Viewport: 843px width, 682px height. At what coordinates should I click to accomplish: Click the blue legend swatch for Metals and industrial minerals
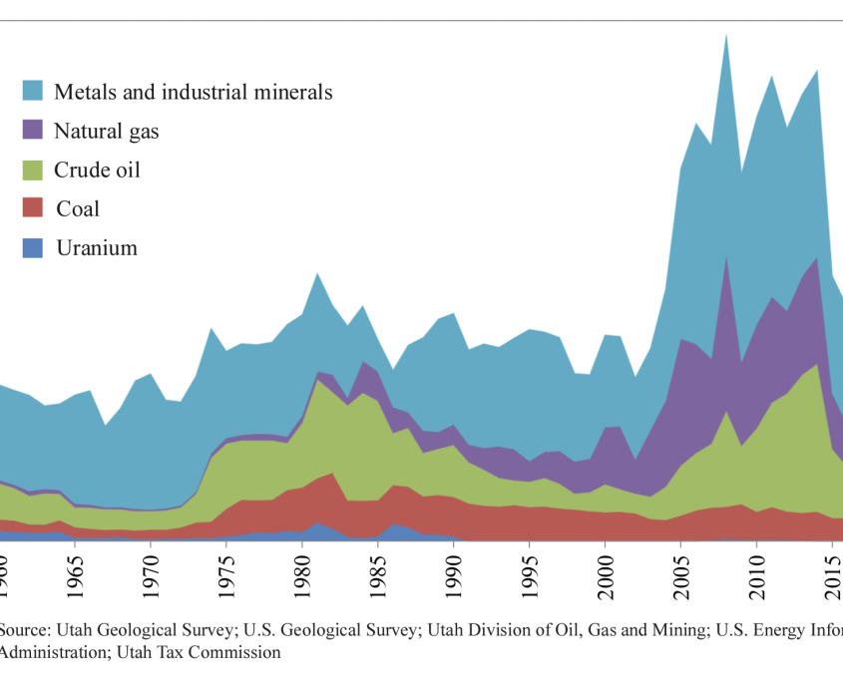pyautogui.click(x=33, y=92)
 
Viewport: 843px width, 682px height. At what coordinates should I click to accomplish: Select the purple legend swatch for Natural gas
pyautogui.click(x=33, y=131)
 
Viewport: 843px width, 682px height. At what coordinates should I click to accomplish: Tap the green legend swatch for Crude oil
pyautogui.click(x=33, y=170)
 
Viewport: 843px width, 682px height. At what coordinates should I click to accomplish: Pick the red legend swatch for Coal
pyautogui.click(x=33, y=209)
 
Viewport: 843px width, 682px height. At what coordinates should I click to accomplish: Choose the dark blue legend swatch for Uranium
pyautogui.click(x=33, y=248)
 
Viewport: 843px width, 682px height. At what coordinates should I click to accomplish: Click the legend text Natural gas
pyautogui.click(x=106, y=131)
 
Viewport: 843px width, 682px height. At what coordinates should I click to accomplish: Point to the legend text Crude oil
pyautogui.click(x=97, y=170)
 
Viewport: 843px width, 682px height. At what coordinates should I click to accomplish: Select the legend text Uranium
pyautogui.click(x=97, y=248)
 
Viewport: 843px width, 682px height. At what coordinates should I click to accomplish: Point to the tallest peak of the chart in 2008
pyautogui.click(x=726, y=35)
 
